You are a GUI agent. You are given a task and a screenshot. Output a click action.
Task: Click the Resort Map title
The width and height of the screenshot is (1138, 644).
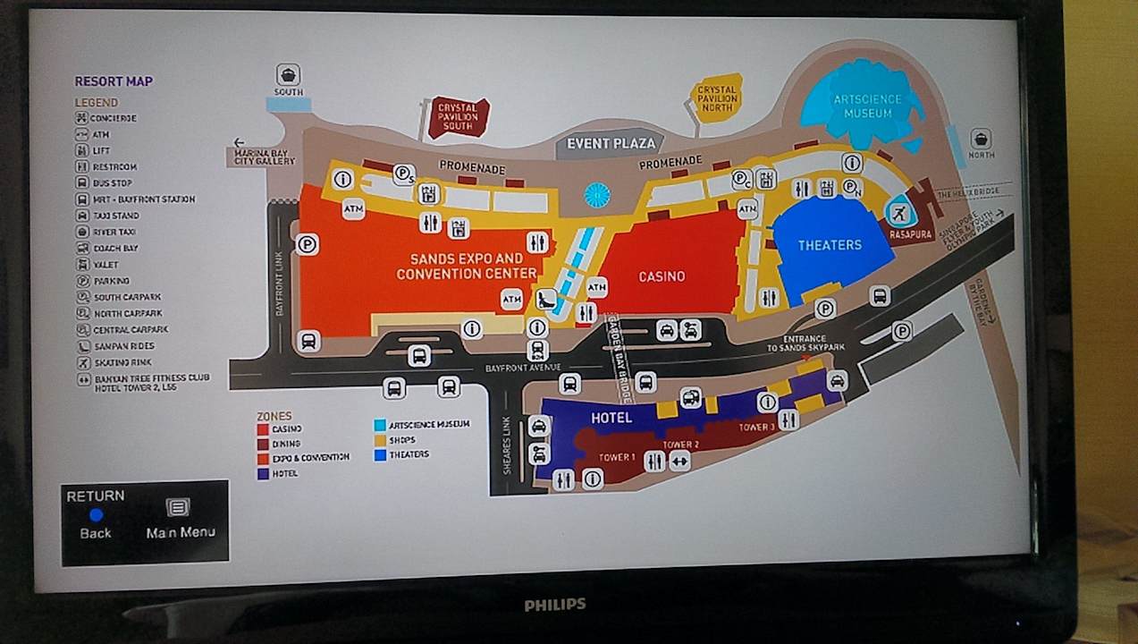pos(114,81)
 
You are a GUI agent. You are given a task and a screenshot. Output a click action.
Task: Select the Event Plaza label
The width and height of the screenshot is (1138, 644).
pos(611,143)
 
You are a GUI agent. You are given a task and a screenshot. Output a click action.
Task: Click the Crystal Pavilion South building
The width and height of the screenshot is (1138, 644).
pos(458,117)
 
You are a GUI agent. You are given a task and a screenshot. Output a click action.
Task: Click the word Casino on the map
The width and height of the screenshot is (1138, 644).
pos(662,276)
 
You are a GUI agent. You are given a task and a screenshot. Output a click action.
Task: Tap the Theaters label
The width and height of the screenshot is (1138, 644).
pos(830,245)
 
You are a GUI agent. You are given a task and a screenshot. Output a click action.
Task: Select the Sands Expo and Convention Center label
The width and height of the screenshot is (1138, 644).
pos(466,266)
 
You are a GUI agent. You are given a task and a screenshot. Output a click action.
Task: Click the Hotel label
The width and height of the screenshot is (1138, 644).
pos(611,418)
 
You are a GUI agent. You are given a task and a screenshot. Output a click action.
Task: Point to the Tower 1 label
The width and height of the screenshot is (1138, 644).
pos(617,458)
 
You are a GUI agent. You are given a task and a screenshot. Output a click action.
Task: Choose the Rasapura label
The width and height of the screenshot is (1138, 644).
pos(911,234)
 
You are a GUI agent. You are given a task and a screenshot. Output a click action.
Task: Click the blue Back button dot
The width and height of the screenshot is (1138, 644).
pos(96,514)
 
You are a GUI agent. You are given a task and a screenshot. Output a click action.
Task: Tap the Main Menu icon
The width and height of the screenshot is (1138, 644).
pos(179,507)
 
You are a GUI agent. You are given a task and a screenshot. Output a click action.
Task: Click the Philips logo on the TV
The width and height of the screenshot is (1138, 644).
pos(555,605)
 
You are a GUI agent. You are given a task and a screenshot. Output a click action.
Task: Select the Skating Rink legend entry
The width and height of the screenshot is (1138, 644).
pos(122,362)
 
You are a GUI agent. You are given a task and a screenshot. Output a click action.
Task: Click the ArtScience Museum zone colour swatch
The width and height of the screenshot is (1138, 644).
pos(381,424)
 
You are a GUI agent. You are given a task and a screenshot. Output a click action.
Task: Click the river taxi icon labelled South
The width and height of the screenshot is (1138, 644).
pos(288,74)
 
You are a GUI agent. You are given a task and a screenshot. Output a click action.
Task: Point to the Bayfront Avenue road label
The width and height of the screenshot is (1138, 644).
pos(523,368)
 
